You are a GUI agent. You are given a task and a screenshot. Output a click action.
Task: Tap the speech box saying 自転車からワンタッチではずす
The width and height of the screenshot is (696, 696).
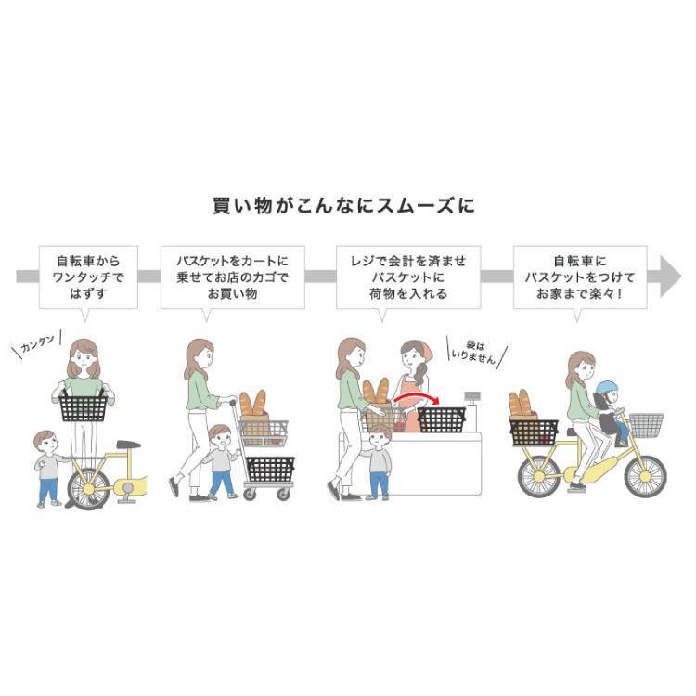(88, 277)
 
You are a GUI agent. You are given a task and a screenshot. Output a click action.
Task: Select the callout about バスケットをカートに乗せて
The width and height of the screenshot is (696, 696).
(232, 277)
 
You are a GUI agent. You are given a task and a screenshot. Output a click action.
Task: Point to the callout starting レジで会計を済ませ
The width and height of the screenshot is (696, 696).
(409, 277)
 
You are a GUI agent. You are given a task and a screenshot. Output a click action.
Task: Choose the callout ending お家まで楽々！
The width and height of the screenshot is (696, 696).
(580, 277)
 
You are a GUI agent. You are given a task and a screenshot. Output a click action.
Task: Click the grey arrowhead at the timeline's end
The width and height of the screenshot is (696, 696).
(670, 277)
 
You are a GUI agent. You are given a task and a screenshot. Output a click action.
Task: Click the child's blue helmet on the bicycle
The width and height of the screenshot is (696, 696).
(607, 389)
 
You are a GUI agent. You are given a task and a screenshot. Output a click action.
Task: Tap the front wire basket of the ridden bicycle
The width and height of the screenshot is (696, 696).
(646, 425)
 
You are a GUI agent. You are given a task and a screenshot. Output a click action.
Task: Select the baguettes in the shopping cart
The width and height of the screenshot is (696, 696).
(252, 406)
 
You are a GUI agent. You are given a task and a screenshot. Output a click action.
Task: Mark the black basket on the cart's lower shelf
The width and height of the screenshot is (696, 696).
(270, 470)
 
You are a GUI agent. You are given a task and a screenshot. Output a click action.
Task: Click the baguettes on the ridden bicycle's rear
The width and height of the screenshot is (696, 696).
(522, 406)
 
